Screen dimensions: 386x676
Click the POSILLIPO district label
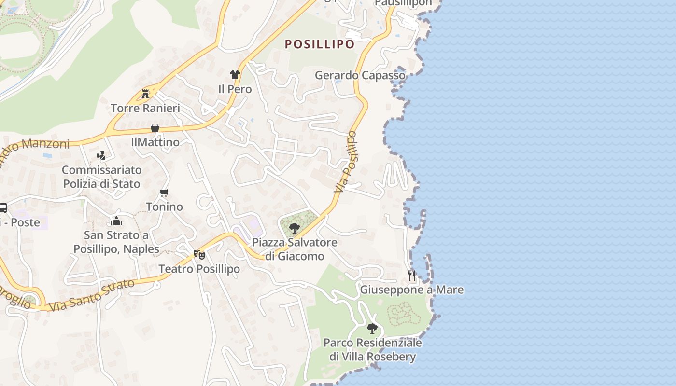320,44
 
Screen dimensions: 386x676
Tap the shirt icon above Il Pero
235,75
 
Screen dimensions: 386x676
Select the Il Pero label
235,89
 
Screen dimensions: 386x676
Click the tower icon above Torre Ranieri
145,94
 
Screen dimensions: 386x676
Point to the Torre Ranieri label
145,108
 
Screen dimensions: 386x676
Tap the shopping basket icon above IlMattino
155,128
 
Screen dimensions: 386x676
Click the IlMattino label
155,142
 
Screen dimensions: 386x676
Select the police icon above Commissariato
101,155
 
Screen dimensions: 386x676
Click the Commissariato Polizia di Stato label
101,177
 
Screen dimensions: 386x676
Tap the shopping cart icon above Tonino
164,193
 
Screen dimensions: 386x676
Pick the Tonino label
164,207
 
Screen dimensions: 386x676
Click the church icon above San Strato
116,221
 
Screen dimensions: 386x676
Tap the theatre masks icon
199,254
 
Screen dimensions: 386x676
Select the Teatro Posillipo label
199,269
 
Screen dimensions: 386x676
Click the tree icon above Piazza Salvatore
294,228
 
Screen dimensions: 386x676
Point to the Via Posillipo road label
347,162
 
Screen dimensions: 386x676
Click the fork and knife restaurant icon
412,276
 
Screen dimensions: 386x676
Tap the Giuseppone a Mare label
412,290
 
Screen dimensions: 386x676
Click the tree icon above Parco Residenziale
372,329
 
